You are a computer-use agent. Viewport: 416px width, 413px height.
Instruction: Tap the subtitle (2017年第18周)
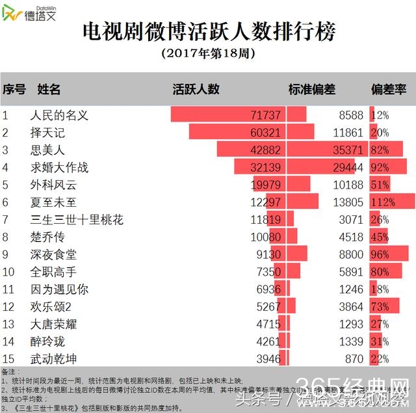pos(207,53)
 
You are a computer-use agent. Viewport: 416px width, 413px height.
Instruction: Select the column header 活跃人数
pos(196,89)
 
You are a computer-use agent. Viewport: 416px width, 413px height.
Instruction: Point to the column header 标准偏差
pos(311,89)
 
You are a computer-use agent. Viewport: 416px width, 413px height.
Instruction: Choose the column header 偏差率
pos(388,89)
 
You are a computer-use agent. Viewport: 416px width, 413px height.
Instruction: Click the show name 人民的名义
pos(59,115)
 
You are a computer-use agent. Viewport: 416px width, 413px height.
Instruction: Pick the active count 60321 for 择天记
pos(266,133)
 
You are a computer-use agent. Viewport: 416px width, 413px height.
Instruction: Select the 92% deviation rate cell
pos(380,167)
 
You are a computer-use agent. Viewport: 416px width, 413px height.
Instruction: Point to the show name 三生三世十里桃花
pos(77,219)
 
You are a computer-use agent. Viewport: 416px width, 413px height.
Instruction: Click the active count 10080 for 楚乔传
pos(266,237)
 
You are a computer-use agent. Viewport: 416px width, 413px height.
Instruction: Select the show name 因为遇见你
pos(59,289)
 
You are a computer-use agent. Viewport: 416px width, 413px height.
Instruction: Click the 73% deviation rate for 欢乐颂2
pos(380,306)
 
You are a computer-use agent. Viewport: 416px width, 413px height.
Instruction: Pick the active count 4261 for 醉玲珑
pos(268,341)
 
